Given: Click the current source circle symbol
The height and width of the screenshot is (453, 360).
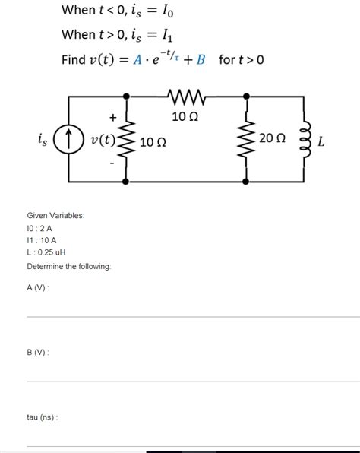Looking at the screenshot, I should (68, 139).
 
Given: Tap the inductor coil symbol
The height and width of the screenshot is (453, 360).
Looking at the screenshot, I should (306, 140).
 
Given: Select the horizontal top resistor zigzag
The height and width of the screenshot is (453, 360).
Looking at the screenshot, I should (186, 97).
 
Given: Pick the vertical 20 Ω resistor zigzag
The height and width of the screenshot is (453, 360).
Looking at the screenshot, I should (246, 140).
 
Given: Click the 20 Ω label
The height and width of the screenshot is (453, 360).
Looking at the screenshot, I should (273, 138).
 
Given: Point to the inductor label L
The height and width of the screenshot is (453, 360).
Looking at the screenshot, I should (321, 140).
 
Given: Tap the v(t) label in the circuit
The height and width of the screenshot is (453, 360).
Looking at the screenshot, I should (103, 140).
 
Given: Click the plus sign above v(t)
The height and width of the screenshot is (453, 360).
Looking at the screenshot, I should (112, 117).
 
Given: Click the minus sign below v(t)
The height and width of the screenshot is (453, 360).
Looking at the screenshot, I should (112, 162).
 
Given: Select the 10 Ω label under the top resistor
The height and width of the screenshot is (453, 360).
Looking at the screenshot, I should (185, 116).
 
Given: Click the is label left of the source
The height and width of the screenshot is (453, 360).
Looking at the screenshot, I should (42, 138).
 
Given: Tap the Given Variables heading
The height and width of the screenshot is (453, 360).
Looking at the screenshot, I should (55, 215).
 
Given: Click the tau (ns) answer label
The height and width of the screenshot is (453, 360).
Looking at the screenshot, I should (43, 417).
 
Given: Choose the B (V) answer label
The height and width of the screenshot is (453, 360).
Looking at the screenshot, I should (37, 352).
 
